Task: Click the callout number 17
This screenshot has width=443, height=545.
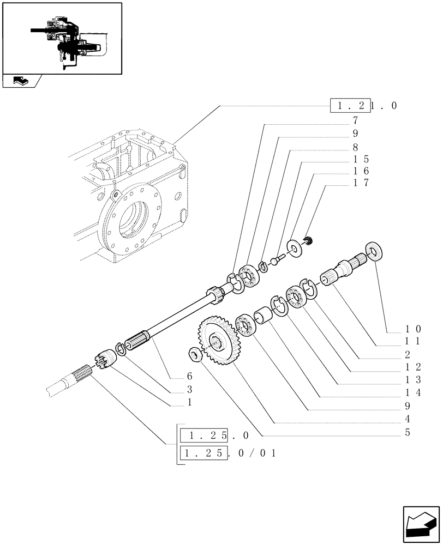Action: (x=361, y=183)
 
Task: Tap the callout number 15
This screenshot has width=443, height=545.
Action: (x=361, y=159)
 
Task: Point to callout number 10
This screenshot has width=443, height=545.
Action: (x=412, y=329)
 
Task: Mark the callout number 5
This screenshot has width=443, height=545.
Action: (x=408, y=433)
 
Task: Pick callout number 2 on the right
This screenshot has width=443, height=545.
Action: (x=408, y=354)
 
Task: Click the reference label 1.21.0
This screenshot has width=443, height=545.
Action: (x=363, y=105)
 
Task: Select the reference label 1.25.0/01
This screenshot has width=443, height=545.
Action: (x=229, y=453)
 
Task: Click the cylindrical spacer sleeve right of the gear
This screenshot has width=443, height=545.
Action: (x=263, y=316)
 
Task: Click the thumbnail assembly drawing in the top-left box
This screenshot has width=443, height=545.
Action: (x=62, y=38)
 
